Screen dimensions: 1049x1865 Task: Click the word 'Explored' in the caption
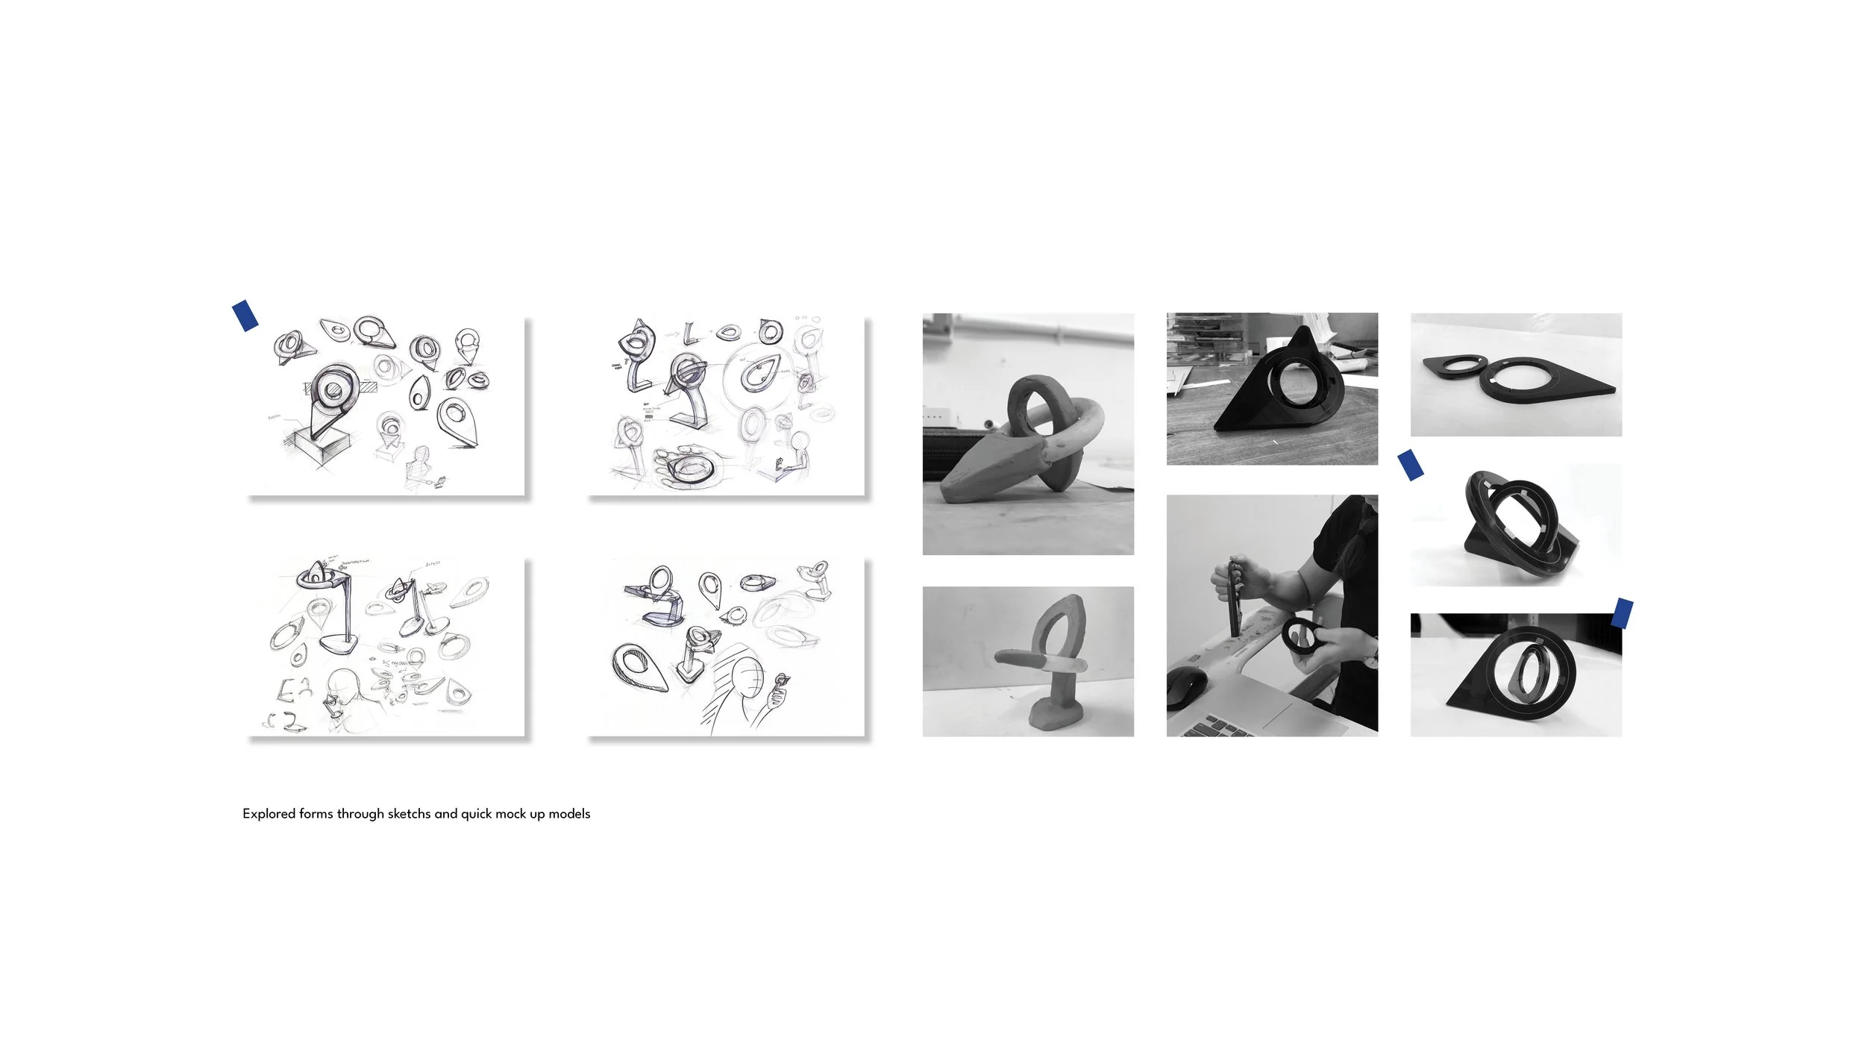pos(269,814)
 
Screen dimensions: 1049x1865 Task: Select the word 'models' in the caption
pos(569,814)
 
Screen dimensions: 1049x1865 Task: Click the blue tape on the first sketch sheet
pos(245,315)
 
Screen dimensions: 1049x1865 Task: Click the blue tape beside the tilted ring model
pos(1410,464)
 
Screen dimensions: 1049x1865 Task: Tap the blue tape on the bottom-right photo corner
pos(1622,613)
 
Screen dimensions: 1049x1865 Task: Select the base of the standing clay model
pos(1051,717)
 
